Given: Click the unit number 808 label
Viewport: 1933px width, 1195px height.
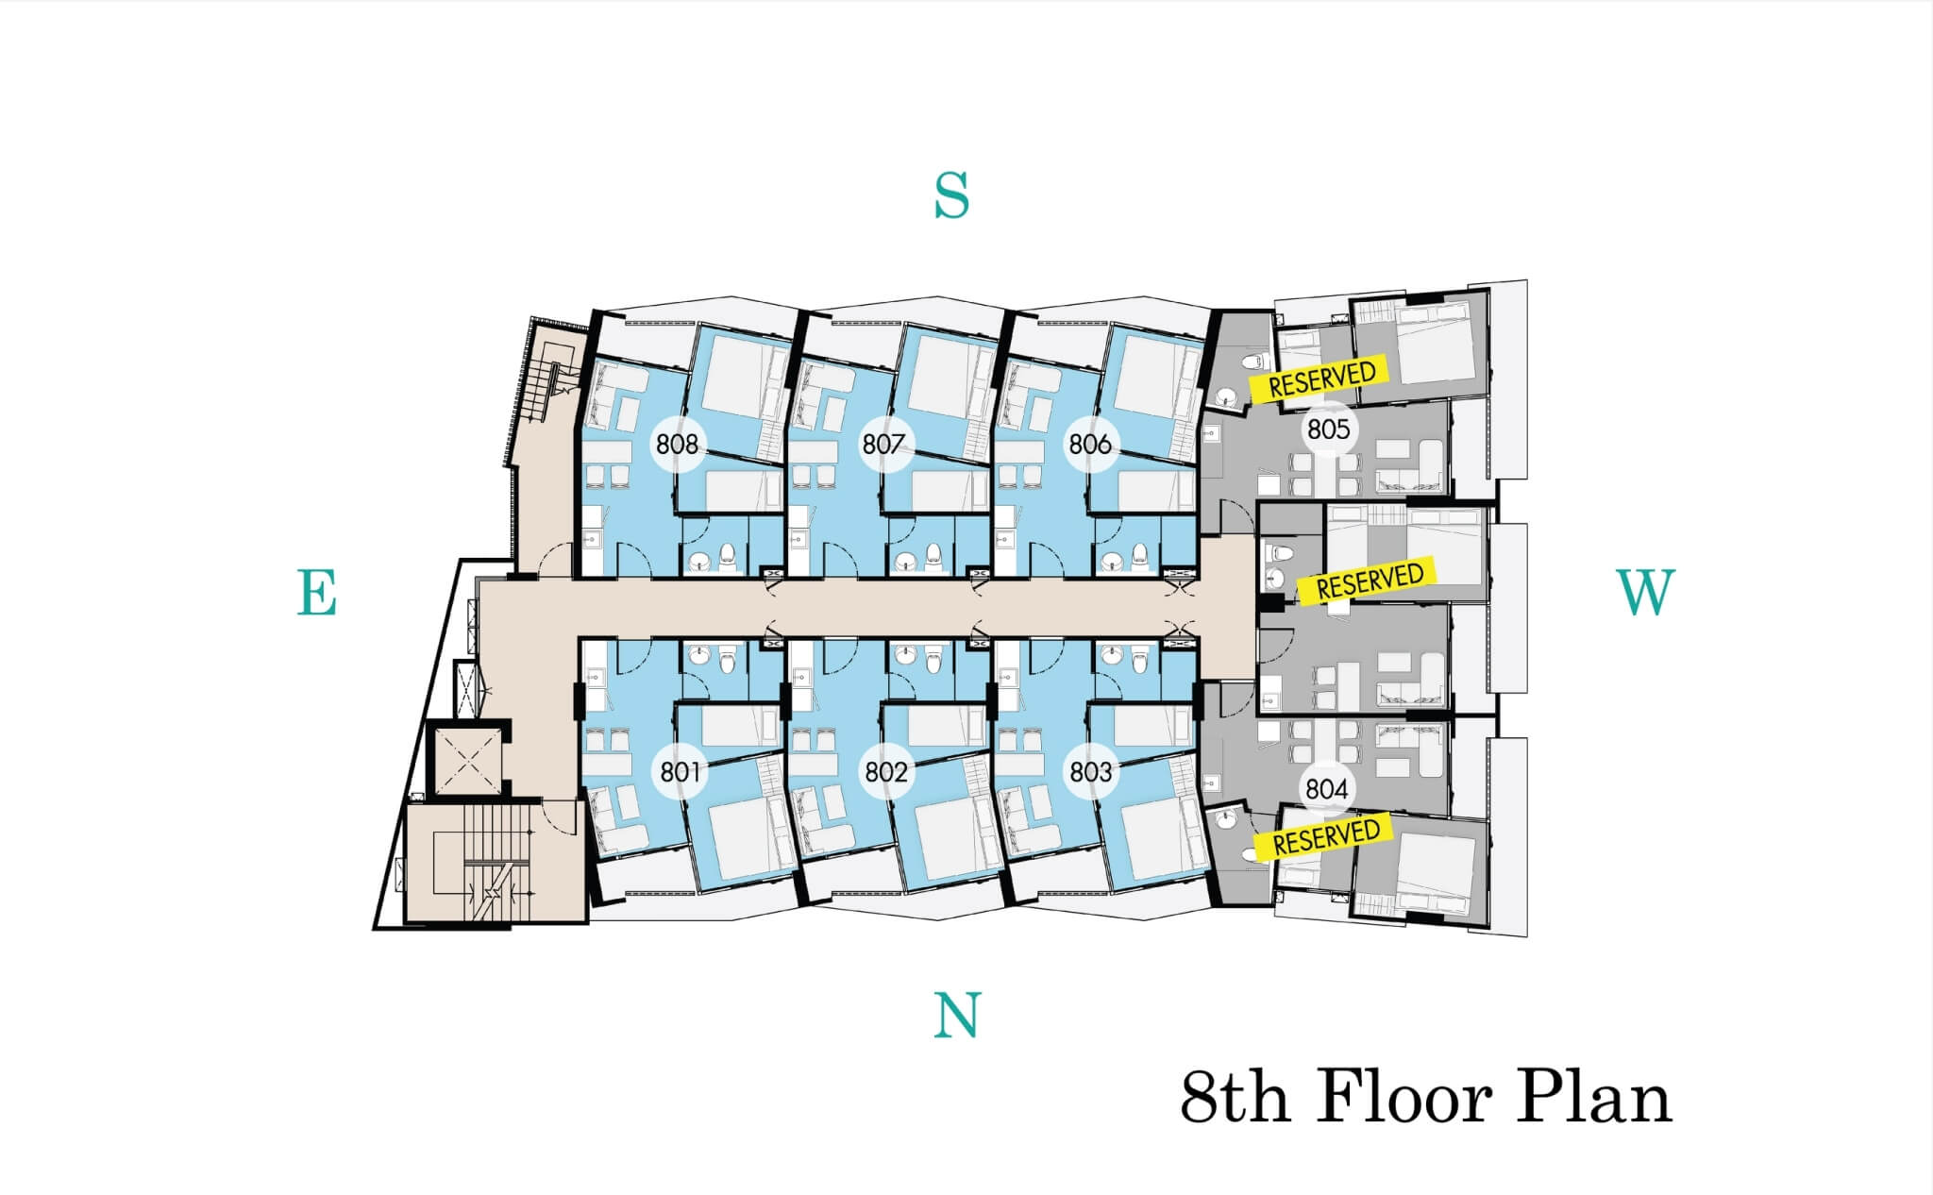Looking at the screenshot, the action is click(x=678, y=444).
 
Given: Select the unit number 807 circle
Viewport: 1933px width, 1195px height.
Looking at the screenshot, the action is click(x=883, y=444).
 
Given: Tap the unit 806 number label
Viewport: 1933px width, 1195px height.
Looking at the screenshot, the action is click(x=1090, y=444).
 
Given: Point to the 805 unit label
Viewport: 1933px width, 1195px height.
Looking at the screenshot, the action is click(x=1328, y=429).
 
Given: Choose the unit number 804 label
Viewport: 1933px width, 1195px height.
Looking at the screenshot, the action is click(x=1326, y=788).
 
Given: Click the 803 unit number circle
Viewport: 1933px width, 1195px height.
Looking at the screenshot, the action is click(x=1091, y=772).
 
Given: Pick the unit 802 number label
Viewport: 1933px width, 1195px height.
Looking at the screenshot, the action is click(x=886, y=772).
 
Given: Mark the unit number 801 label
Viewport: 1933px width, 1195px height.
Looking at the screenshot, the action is click(x=680, y=772).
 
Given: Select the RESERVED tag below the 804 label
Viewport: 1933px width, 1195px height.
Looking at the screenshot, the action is click(x=1325, y=836).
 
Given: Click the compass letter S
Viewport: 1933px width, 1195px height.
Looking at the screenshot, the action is click(x=951, y=196).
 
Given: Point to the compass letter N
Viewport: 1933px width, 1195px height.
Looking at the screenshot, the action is click(x=957, y=1016).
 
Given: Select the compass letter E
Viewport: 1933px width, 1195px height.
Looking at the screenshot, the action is click(x=317, y=593).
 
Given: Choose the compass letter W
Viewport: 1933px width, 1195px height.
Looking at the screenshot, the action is click(x=1646, y=593).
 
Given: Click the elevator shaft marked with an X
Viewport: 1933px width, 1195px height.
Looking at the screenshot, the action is click(x=463, y=761).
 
